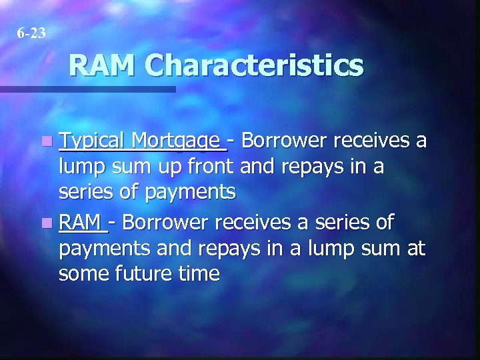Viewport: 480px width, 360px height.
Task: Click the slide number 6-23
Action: [33, 32]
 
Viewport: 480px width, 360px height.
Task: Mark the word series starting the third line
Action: [83, 193]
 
